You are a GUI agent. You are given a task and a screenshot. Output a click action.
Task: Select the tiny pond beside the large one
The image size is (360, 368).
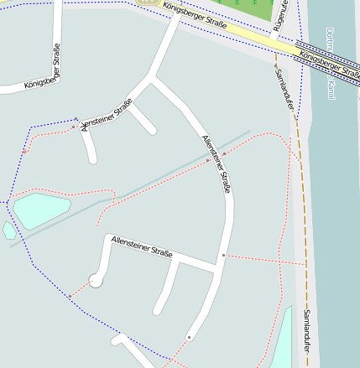click(x=8, y=230)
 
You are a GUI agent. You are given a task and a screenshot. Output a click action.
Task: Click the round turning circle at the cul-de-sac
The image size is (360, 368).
click(x=96, y=280)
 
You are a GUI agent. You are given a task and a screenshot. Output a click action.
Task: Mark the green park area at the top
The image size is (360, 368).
click(x=252, y=8)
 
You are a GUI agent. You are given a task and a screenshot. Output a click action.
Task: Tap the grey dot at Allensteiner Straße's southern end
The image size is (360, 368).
click(x=189, y=337)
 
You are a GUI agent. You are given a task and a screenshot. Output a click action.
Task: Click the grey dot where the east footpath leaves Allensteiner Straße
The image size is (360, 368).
click(x=223, y=254)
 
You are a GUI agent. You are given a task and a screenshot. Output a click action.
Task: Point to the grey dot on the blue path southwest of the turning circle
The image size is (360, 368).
click(x=70, y=296)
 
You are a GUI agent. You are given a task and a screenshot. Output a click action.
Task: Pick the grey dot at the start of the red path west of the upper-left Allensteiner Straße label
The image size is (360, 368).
click(x=74, y=127)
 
